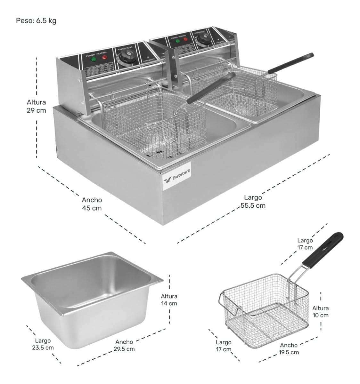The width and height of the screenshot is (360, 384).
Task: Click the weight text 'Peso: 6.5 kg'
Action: coord(36,21)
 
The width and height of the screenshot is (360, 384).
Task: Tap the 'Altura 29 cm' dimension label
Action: coord(36,106)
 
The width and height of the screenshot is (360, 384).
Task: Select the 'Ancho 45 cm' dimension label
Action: coord(92,204)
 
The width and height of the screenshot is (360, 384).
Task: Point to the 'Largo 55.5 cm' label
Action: coord(253,202)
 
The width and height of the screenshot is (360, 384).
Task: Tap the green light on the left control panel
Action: coord(93,60)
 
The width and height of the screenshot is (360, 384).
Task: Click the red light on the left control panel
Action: coord(104,58)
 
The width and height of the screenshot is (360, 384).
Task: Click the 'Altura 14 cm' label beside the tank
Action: coord(169,300)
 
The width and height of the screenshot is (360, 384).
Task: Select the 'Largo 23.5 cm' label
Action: coord(43,344)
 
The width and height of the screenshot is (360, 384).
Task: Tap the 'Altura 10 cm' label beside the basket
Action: coord(320,311)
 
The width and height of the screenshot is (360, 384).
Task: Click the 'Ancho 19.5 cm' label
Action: coord(289,348)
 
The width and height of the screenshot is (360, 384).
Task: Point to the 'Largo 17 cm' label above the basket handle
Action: coord(305,244)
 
